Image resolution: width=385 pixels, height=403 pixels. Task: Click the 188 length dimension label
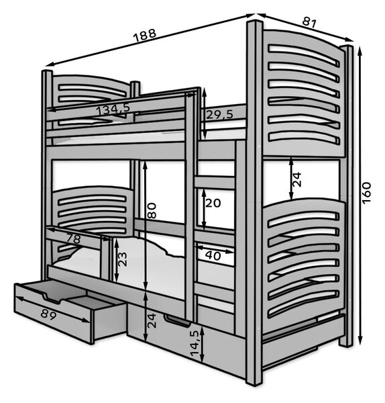click(x=145, y=35)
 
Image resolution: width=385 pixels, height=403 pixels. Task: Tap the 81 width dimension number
click(x=309, y=23)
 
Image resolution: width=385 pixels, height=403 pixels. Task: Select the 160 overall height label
click(x=366, y=193)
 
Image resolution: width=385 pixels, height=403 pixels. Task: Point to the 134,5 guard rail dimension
click(x=113, y=109)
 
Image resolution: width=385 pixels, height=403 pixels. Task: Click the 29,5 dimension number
click(x=220, y=114)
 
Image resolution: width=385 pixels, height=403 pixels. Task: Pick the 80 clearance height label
click(x=152, y=210)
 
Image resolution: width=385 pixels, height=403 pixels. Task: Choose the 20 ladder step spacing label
click(x=213, y=203)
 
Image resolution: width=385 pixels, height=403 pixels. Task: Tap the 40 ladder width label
click(x=213, y=255)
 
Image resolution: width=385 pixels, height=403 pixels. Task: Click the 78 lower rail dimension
click(x=73, y=238)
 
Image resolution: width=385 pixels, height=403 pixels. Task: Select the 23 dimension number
click(x=123, y=259)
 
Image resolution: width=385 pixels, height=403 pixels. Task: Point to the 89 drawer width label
click(x=48, y=314)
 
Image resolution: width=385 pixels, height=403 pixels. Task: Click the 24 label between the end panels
click(x=296, y=179)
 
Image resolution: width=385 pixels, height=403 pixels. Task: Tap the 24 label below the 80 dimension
click(x=152, y=320)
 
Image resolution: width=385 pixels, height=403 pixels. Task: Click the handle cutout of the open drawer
click(x=54, y=298)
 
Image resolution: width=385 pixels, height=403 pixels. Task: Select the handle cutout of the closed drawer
click(x=177, y=321)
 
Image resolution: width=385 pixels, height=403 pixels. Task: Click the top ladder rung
click(x=215, y=182)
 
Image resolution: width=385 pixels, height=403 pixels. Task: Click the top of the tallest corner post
click(x=255, y=22)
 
